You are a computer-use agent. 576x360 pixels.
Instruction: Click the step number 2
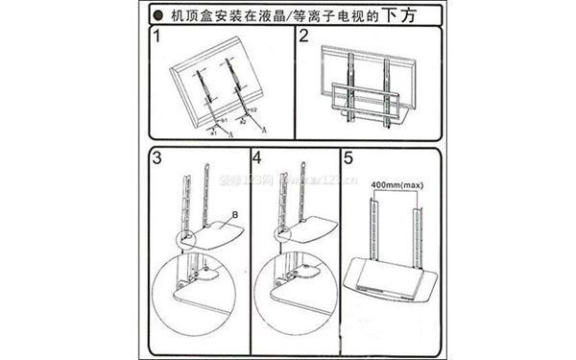pyautogui.click(x=303, y=39)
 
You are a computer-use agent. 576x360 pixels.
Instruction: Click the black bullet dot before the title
pyautogui.click(x=156, y=13)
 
